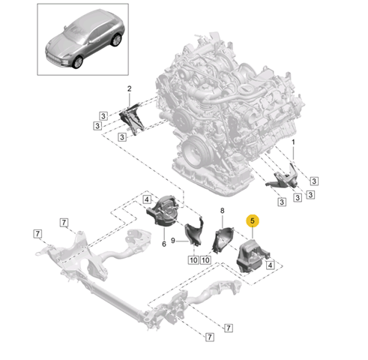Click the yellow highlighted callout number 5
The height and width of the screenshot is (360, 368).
coord(253,220)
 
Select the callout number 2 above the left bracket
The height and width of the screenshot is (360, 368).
coord(129,88)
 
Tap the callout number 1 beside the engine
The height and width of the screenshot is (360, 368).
coord(293,142)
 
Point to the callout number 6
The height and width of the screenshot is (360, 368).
coord(164,244)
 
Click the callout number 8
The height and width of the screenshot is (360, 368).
coord(223,211)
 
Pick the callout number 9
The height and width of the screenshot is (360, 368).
coord(173,241)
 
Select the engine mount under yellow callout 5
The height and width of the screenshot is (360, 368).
coord(253,256)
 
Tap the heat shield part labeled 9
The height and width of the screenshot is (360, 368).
coord(194,232)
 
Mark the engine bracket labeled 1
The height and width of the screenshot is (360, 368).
coord(282,177)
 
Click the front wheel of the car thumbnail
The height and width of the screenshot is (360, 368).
coord(77,62)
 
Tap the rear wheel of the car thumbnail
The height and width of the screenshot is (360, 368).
coord(116,40)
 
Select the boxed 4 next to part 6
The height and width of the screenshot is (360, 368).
coord(147,199)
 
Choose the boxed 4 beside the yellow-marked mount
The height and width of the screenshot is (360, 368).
coord(270,265)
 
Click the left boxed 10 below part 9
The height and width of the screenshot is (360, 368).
coord(193,260)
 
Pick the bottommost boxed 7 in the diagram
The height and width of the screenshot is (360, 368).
coord(209,337)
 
